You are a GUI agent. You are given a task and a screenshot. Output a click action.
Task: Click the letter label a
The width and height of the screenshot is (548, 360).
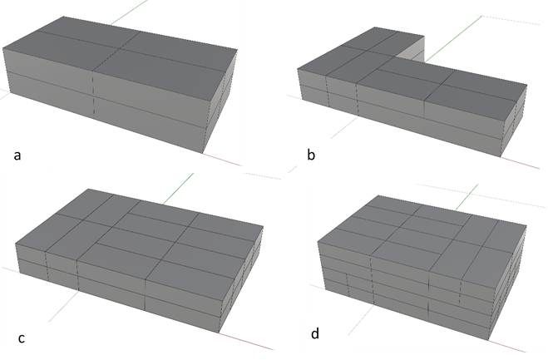coord(17,155)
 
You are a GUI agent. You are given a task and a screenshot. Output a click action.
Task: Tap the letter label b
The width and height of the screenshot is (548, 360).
coord(311,154)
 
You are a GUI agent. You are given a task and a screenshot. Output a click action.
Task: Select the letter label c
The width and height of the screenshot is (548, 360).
coord(22,338)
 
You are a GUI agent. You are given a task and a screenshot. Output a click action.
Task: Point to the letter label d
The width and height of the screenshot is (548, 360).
coord(315,333)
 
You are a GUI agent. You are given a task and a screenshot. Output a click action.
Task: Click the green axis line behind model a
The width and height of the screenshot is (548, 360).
coord(129,12)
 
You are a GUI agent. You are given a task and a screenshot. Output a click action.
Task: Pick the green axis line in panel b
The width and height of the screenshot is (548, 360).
coord(453,39)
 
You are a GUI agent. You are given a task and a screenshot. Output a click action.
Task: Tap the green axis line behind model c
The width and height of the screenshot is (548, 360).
coord(178,189)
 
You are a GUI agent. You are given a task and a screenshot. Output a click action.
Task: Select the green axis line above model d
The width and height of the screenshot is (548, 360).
coord(467,198)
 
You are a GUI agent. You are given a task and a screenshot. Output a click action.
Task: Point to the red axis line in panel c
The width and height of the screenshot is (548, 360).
coord(246,341)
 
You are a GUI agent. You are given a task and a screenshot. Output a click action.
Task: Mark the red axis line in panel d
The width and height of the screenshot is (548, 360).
coord(506,346)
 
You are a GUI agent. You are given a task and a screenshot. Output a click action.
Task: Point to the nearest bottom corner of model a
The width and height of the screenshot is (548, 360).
coord(203,153)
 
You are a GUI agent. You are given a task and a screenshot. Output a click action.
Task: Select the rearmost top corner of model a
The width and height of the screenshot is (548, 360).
coord(63,16)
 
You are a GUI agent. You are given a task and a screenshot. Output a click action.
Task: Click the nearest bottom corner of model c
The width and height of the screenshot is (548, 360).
coord(219,333)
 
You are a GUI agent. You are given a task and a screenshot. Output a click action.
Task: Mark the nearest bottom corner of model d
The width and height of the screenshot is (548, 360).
coord(488,340)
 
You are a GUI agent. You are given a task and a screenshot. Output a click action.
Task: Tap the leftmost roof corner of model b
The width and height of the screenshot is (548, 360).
coord(298,69)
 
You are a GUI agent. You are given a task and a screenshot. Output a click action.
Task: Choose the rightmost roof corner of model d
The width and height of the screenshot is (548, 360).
coord(526,225)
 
